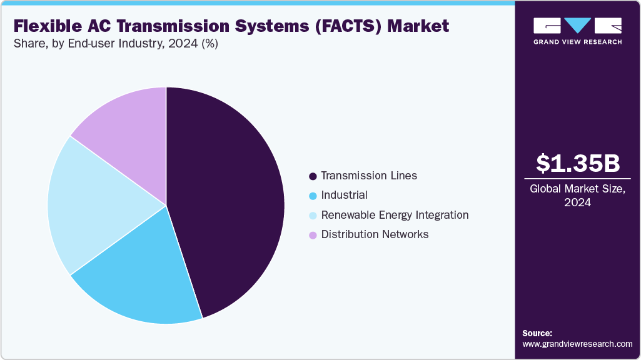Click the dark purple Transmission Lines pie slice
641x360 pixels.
pyautogui.click(x=231, y=200)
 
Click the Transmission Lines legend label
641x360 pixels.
pyautogui.click(x=369, y=176)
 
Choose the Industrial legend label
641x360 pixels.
pyautogui.click(x=344, y=195)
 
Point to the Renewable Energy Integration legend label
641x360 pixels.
pyautogui.click(x=395, y=215)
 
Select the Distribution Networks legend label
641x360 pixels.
pyautogui.click(x=375, y=234)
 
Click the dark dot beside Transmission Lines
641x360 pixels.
pyautogui.click(x=312, y=176)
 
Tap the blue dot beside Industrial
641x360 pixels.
pyautogui.click(x=312, y=196)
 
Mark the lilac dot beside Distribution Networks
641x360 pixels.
pyautogui.click(x=312, y=235)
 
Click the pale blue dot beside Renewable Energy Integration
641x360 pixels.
pyautogui.click(x=312, y=216)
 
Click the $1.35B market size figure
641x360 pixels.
pyautogui.click(x=578, y=163)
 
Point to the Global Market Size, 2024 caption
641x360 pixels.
pyautogui.click(x=578, y=196)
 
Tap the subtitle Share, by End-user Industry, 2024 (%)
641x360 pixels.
pyautogui.click(x=116, y=44)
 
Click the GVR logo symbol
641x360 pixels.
pyautogui.click(x=577, y=26)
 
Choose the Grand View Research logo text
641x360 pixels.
pyautogui.click(x=577, y=42)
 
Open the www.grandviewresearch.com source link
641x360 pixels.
pyautogui.click(x=577, y=344)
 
